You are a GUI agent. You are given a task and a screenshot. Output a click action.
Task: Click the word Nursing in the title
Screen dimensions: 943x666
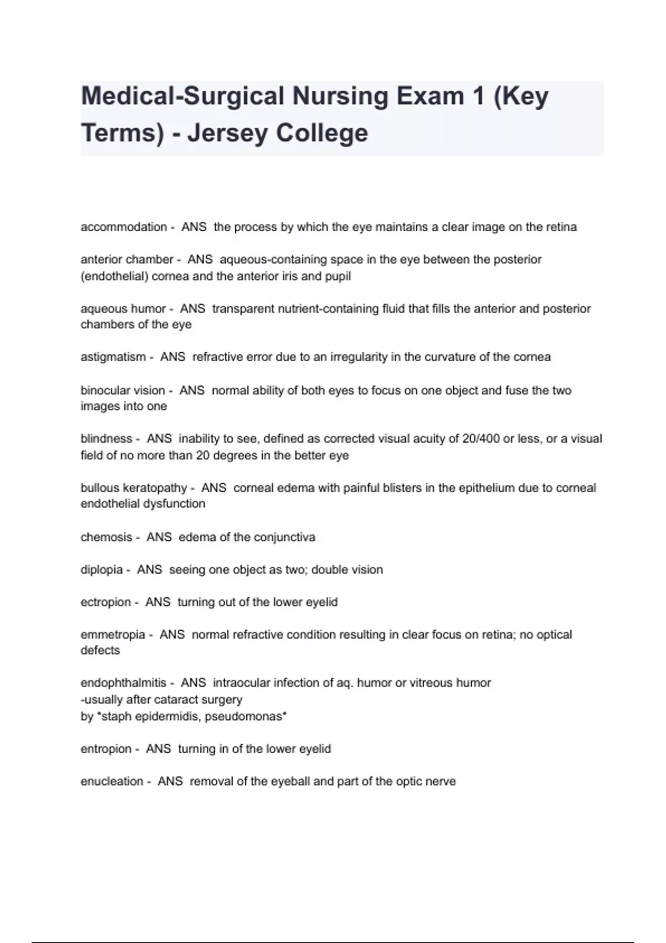point(340,97)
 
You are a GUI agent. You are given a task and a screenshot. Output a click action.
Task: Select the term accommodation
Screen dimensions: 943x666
point(124,227)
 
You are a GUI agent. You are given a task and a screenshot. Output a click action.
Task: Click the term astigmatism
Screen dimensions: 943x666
point(113,357)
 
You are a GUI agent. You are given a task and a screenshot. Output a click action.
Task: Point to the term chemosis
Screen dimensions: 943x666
point(106,537)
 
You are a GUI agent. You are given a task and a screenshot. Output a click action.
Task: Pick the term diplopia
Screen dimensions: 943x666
point(102,570)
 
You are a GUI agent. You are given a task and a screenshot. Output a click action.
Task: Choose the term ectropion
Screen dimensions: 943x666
point(105,602)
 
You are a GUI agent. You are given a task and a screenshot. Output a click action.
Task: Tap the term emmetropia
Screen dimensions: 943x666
point(113,635)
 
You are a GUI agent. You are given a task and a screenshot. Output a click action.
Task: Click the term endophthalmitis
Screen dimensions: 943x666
point(123,683)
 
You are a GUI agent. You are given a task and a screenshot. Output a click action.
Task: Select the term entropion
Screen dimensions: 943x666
point(106,749)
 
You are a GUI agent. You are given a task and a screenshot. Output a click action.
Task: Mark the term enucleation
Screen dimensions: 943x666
point(112,781)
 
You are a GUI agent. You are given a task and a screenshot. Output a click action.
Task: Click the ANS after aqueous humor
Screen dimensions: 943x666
point(193,308)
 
